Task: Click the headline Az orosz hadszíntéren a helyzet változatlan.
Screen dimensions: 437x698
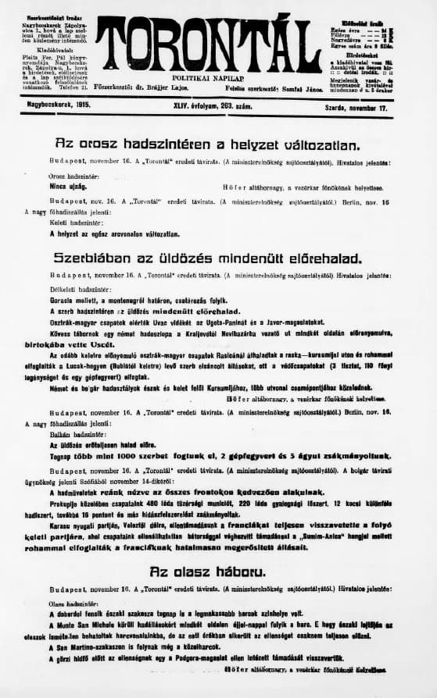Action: pyautogui.click(x=207, y=144)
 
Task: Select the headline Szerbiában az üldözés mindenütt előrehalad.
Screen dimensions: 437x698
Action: pyautogui.click(x=207, y=257)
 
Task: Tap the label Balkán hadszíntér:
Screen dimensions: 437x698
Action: pyautogui.click(x=71, y=434)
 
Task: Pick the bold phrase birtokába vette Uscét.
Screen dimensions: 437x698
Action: pyautogui.click(x=86, y=341)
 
